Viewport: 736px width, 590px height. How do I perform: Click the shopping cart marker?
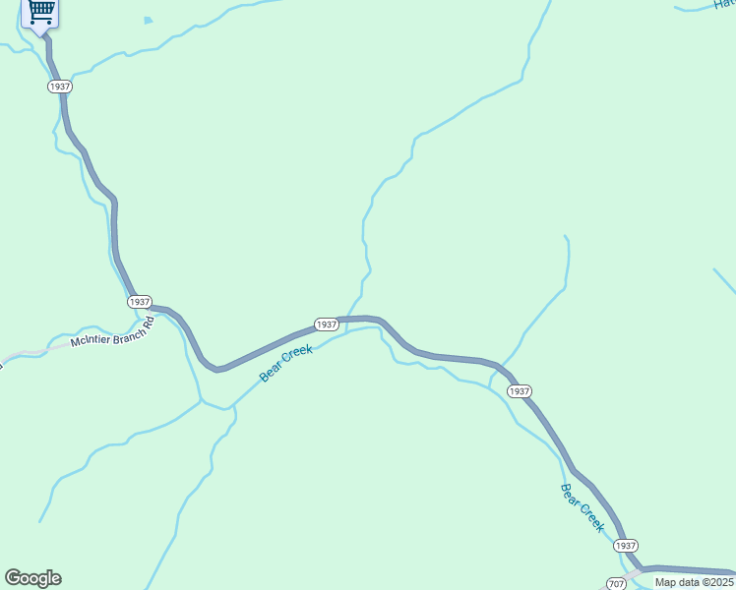[x=40, y=13]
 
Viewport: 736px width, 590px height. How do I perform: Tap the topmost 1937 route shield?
[x=59, y=87]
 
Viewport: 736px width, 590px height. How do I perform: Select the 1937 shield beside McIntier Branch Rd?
[x=140, y=302]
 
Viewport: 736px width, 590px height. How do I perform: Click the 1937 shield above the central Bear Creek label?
[x=327, y=324]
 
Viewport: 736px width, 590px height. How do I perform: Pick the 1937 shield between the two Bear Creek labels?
[x=520, y=391]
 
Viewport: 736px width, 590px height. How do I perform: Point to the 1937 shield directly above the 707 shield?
[x=626, y=546]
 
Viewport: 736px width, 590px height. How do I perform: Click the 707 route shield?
[x=617, y=583]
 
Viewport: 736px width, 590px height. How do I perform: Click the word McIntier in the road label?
[x=91, y=341]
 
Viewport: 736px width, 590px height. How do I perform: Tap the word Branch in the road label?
[x=126, y=332]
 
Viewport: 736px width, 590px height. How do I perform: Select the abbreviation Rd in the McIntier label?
[x=149, y=321]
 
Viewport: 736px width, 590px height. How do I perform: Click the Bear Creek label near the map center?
[x=286, y=363]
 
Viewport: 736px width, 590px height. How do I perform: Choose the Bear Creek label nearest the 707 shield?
[x=582, y=507]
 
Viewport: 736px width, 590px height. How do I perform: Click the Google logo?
[x=32, y=578]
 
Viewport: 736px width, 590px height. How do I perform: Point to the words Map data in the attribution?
[x=678, y=582]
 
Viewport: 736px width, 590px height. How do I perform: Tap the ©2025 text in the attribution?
[x=718, y=582]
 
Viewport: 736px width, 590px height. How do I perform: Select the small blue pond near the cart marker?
[x=148, y=20]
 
